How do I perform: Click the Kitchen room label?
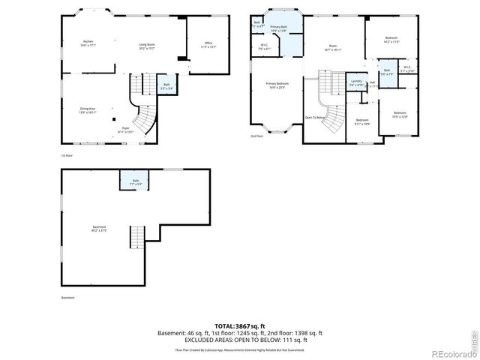tap(88, 43)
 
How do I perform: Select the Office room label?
tap(209, 46)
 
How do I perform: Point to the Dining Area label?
tap(88, 111)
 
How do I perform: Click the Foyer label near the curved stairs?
tap(126, 130)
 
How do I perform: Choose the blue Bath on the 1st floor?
tap(166, 86)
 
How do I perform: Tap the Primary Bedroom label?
tap(277, 85)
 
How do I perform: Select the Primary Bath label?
tap(278, 29)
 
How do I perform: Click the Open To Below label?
tap(315, 118)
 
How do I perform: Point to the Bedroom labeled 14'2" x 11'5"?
tap(391, 40)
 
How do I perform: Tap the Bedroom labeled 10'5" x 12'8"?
tap(399, 115)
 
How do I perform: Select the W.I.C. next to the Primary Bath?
tap(265, 46)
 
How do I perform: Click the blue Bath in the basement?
tap(136, 181)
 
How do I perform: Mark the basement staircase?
tap(136, 238)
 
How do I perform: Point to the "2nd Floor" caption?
tap(256, 136)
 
